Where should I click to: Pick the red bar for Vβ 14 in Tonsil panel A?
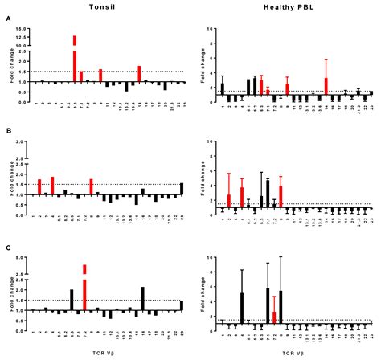coord(139,74)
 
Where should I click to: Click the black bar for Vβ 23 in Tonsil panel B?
coord(183,189)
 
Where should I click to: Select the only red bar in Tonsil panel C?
coord(84,288)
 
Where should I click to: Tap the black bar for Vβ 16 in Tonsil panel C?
coord(142,298)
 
